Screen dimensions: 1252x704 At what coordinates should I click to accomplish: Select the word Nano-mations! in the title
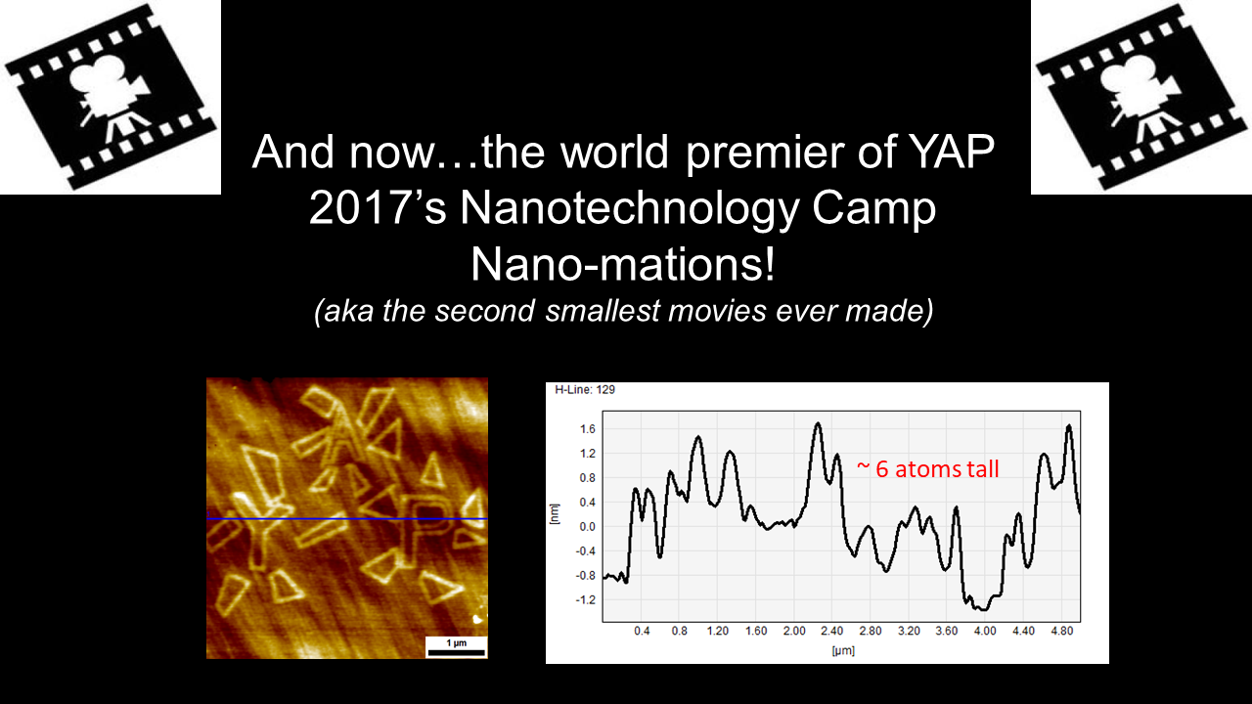click(x=623, y=264)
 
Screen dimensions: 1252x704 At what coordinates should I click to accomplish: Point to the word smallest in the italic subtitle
click(x=606, y=311)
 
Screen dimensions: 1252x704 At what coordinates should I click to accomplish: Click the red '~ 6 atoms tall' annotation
click(x=928, y=469)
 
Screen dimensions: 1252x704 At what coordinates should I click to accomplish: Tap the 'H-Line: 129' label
click(x=585, y=389)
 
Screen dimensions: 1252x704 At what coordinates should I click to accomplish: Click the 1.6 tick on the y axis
click(x=588, y=429)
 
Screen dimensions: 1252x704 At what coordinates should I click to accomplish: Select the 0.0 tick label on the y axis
click(x=588, y=527)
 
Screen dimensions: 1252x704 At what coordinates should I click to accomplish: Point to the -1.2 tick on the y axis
click(x=585, y=600)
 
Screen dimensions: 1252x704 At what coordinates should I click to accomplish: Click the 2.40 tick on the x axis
click(x=832, y=631)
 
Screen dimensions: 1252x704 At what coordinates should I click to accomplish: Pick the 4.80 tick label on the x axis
click(x=1062, y=631)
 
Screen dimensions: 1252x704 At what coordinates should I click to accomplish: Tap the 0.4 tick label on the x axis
click(x=642, y=631)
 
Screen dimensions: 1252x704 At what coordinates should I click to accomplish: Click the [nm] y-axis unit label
click(x=554, y=514)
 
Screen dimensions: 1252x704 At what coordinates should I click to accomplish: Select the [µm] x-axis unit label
click(x=843, y=650)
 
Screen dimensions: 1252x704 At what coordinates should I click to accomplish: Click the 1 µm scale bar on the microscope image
click(x=456, y=652)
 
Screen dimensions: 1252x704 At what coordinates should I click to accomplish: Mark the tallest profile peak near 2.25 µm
click(x=818, y=423)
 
